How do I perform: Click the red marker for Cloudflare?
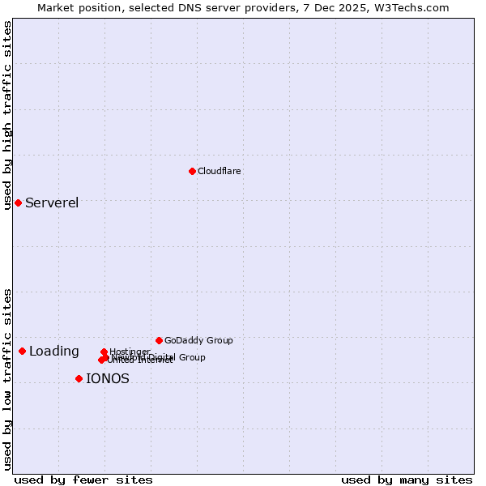(192, 171)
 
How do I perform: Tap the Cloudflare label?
(220, 171)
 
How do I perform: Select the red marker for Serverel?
(18, 202)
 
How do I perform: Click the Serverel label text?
(52, 202)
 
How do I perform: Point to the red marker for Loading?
(22, 351)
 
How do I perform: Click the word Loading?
(54, 351)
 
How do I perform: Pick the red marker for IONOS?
(79, 378)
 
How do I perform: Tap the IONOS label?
(108, 378)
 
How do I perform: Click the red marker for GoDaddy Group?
(159, 340)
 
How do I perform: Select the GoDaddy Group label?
(198, 340)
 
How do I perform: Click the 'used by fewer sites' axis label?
(83, 480)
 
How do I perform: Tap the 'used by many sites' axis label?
(407, 480)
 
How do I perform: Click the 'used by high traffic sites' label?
(7, 115)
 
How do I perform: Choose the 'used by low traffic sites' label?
(7, 379)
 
